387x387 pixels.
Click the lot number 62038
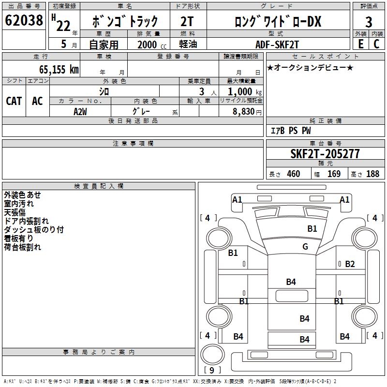(24, 21)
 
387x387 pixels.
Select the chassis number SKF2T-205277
(325, 154)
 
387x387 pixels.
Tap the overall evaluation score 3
(369, 22)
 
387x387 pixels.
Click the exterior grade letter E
(361, 44)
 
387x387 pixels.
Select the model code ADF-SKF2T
(277, 44)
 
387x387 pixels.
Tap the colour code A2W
(80, 111)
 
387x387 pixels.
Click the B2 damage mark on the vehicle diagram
(350, 264)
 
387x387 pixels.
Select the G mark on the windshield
(305, 247)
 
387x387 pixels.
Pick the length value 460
(293, 174)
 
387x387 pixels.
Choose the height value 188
(372, 174)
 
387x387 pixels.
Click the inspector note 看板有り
(19, 238)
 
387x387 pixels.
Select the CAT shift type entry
(14, 101)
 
